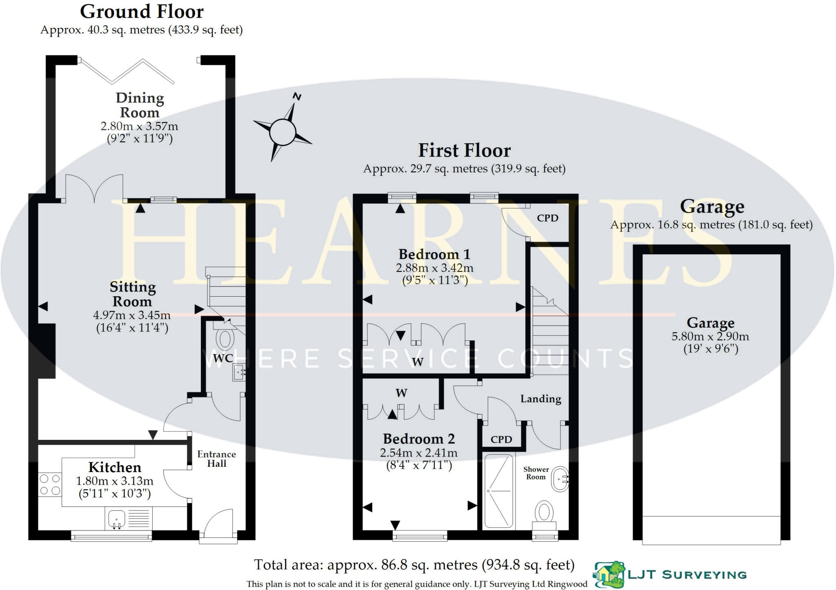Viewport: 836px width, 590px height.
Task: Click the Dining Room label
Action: (140, 105)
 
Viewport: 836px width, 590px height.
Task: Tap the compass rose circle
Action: (282, 132)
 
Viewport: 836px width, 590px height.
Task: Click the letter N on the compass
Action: (297, 97)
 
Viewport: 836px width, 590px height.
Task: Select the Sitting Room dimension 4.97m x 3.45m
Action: (132, 315)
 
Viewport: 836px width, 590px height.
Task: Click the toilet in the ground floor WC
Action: (225, 338)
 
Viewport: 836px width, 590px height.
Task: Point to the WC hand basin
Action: (238, 372)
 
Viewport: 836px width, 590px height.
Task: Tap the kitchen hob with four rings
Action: (50, 484)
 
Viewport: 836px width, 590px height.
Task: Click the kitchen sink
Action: (117, 519)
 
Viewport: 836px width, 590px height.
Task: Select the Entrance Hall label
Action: (216, 459)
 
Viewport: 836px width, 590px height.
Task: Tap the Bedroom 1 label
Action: (434, 255)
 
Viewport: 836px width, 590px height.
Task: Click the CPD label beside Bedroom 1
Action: (547, 218)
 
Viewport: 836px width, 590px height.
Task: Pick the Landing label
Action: (540, 399)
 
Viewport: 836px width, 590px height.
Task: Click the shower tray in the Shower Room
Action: (498, 491)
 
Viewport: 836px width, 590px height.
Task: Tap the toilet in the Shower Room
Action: (544, 513)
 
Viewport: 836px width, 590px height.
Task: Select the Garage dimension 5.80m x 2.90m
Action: (710, 337)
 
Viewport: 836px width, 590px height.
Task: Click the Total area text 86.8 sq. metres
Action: (414, 565)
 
